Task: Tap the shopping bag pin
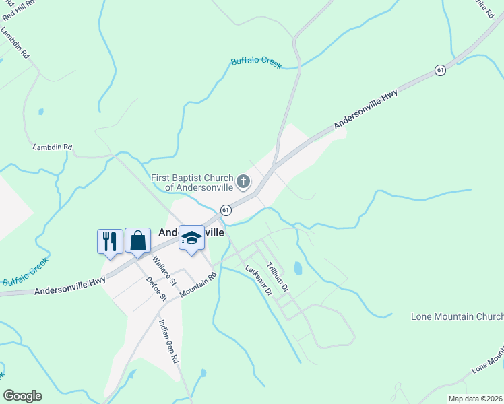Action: click(137, 240)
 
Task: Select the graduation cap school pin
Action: click(191, 238)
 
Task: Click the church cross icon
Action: click(243, 181)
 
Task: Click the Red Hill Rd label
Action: click(18, 9)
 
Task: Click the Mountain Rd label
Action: click(198, 285)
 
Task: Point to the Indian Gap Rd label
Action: click(168, 341)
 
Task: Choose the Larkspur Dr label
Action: click(257, 281)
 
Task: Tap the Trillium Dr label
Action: click(278, 276)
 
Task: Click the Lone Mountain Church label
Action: click(457, 316)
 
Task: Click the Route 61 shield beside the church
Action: click(226, 210)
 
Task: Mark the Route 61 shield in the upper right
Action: click(440, 70)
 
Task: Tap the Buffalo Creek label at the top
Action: click(256, 62)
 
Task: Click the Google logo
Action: click(22, 396)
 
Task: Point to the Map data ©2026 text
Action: click(475, 399)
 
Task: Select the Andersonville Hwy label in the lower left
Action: click(69, 285)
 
